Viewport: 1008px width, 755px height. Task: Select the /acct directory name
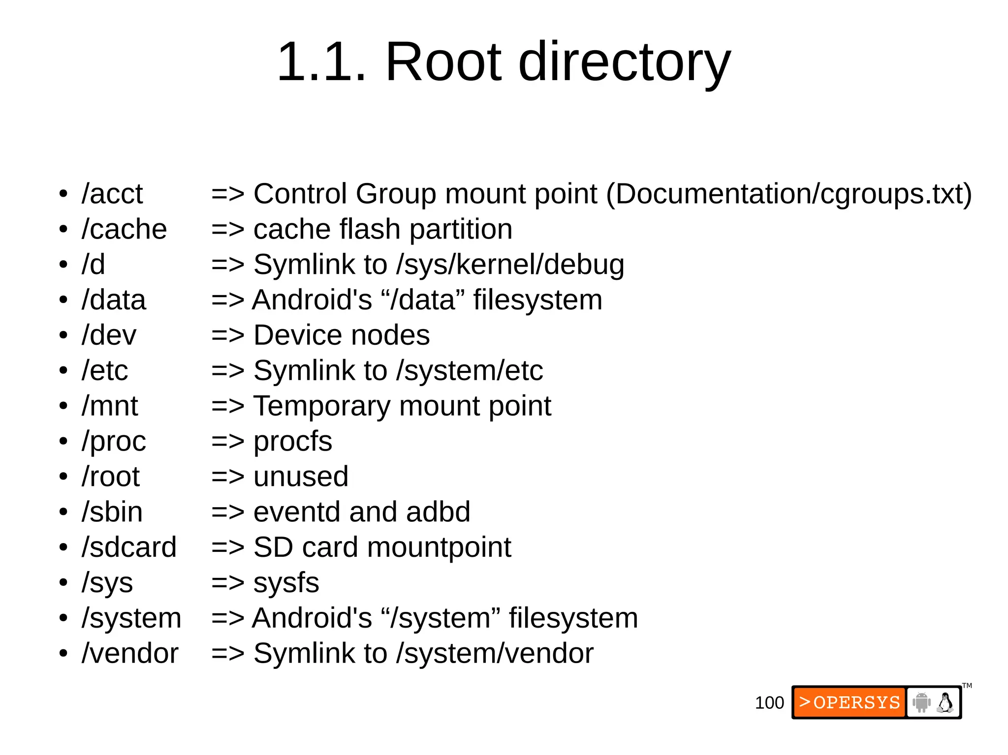(x=112, y=194)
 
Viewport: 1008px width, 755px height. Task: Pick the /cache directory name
(x=124, y=229)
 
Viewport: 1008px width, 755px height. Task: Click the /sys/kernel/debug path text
(x=510, y=265)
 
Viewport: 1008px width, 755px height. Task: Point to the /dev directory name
(x=109, y=335)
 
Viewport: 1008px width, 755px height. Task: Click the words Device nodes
(x=341, y=335)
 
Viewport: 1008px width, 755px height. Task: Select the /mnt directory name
(x=110, y=406)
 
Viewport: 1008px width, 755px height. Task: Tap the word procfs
(x=292, y=441)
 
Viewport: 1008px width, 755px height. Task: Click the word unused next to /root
(x=301, y=477)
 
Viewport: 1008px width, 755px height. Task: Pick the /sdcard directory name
(x=129, y=547)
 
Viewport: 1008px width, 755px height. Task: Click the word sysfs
(x=286, y=583)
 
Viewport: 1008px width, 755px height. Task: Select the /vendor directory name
(x=130, y=654)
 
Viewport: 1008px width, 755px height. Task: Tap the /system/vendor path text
(x=495, y=654)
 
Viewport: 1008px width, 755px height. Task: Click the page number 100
(x=769, y=703)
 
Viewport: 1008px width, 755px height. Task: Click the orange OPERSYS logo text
(x=850, y=702)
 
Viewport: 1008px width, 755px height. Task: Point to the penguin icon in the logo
(x=945, y=703)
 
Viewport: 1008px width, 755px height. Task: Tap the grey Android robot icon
(x=921, y=702)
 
